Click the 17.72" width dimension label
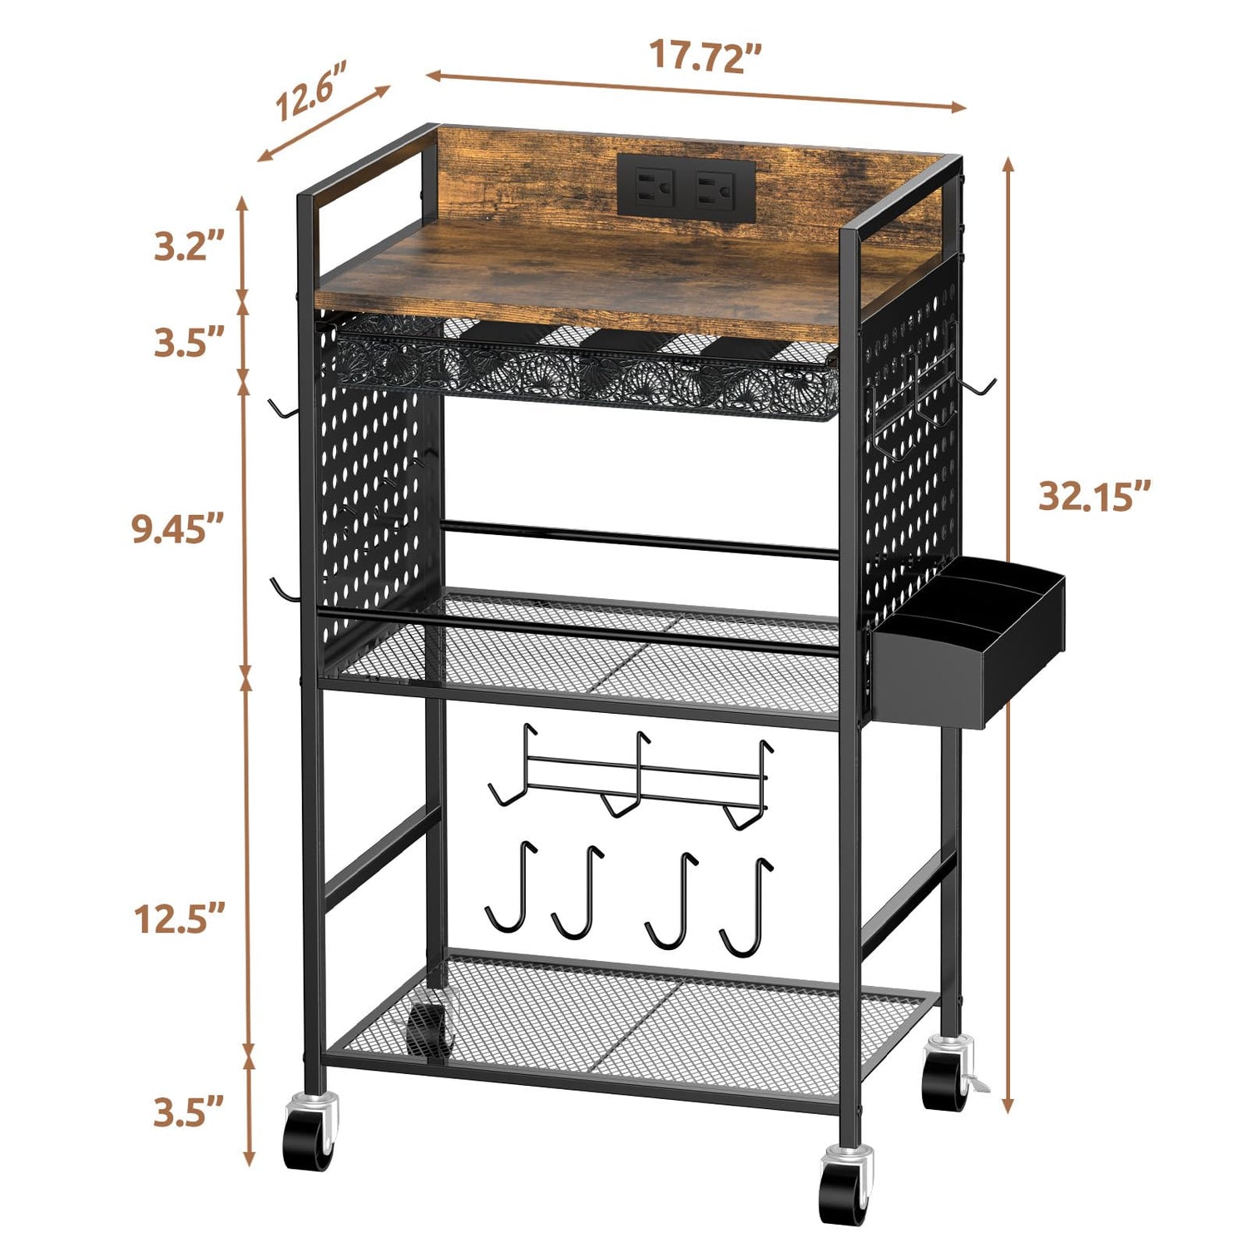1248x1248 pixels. (x=705, y=55)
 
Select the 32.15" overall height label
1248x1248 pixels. (x=1094, y=496)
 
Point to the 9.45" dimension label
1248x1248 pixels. (x=178, y=529)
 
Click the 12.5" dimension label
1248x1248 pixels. (x=180, y=919)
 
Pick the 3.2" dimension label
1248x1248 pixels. (x=189, y=246)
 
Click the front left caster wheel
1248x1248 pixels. (x=310, y=1132)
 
